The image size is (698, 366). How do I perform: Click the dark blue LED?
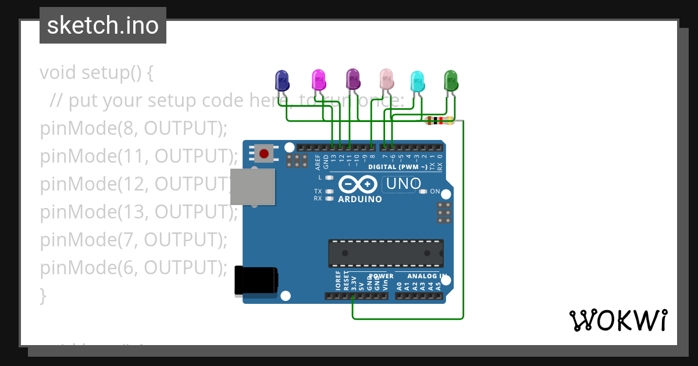click(282, 80)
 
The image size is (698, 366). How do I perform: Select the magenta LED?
click(318, 79)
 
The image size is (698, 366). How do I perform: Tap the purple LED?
click(352, 78)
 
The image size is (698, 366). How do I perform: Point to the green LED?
click(451, 80)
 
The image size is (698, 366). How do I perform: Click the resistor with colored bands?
click(440, 121)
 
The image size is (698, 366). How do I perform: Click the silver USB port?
click(252, 187)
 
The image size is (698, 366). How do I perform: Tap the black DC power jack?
click(255, 280)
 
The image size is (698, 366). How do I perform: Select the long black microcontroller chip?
click(386, 253)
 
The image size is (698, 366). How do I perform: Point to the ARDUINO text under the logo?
click(360, 199)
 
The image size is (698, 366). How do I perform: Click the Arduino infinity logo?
click(358, 185)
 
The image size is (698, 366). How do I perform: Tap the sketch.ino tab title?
click(103, 26)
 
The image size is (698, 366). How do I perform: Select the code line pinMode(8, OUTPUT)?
click(133, 128)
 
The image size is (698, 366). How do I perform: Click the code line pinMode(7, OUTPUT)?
click(133, 240)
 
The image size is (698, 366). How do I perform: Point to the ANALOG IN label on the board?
click(427, 276)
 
